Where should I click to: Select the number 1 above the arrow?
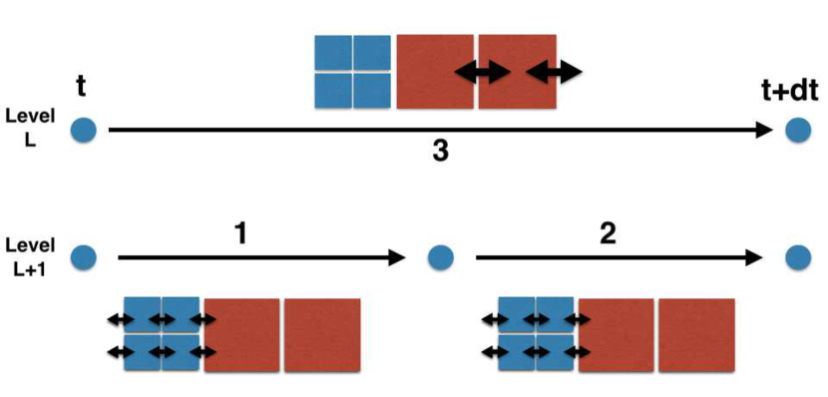[x=239, y=233]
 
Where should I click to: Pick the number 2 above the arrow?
[x=608, y=233]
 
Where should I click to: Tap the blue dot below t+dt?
[x=797, y=130]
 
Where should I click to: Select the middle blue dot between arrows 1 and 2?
[x=440, y=257]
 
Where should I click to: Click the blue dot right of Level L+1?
[x=84, y=257]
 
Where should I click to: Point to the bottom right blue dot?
[x=797, y=257]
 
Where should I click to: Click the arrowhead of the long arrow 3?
[x=764, y=130]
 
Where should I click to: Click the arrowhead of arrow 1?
[x=398, y=257]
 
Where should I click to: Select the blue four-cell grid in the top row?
[x=352, y=72]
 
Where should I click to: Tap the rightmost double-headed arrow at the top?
[x=553, y=71]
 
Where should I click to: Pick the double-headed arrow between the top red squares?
[x=483, y=71]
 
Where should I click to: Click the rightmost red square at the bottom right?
[x=696, y=335]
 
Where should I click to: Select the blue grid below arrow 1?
[x=163, y=335]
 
